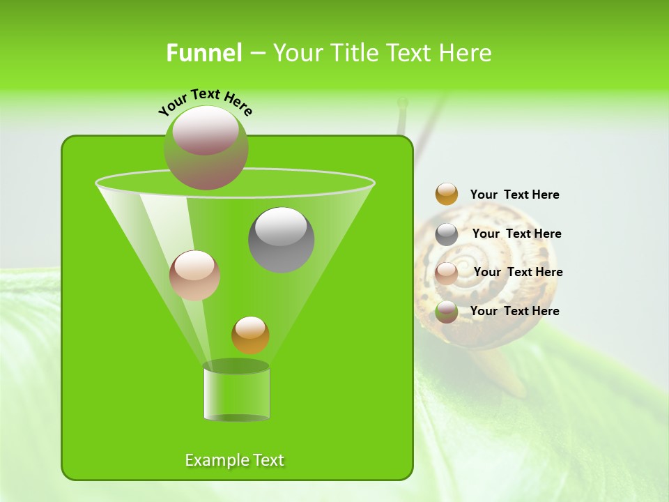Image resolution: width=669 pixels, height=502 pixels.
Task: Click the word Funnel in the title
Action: point(203,53)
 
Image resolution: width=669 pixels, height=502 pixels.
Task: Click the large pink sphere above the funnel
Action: point(206,147)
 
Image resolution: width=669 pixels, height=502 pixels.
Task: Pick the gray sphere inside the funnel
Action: point(282,239)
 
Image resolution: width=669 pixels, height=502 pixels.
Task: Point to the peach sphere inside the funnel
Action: point(194,275)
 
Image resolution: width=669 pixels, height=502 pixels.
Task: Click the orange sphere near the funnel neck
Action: point(250,335)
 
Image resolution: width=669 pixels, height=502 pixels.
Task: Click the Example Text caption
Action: point(235,460)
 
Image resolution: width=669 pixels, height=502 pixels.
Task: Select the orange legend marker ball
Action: point(447,195)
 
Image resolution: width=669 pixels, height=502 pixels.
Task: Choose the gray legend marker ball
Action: point(447,234)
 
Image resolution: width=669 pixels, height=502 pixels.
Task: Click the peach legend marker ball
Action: point(447,273)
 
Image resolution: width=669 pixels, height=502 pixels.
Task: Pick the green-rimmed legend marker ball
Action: point(447,312)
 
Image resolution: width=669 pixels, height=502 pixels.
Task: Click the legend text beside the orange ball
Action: point(514,195)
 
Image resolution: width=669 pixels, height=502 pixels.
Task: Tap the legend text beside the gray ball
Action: point(516,234)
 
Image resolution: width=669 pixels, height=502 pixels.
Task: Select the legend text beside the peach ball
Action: point(518,272)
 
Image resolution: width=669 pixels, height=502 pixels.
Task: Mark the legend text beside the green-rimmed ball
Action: point(514,311)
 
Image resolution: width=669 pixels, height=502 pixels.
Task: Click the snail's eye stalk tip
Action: point(402,103)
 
